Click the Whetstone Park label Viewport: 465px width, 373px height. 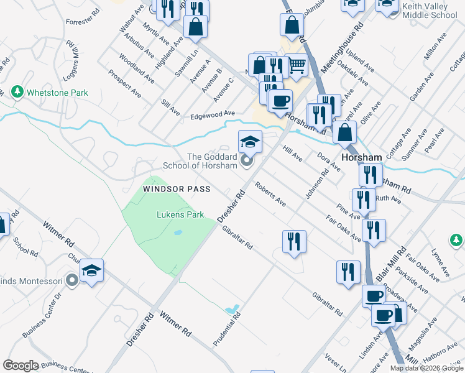pyautogui.click(x=57, y=93)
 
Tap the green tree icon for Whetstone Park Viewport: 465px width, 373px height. pyautogui.click(x=17, y=93)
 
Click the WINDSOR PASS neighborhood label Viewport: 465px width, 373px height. pyautogui.click(x=177, y=188)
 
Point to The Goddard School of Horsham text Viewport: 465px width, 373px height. pyautogui.click(x=200, y=162)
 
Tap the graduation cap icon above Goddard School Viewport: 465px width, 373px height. pyautogui.click(x=250, y=142)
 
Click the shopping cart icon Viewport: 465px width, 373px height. pyautogui.click(x=297, y=64)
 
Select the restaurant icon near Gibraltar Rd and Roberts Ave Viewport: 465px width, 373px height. pyautogui.click(x=293, y=241)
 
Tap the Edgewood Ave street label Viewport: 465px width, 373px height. pyautogui.click(x=213, y=114)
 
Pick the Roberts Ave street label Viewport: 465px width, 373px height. pyautogui.click(x=270, y=193)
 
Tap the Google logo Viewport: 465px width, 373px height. pyautogui.click(x=21, y=366)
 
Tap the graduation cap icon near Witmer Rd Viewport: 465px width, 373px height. pyautogui.click(x=91, y=270)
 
